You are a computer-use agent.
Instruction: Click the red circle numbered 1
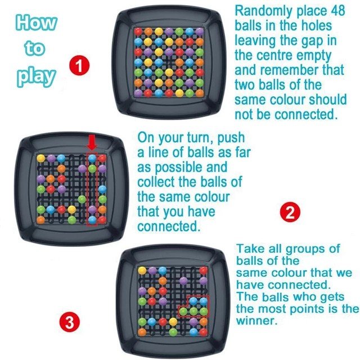click(79, 66)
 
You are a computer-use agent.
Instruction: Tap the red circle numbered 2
click(290, 212)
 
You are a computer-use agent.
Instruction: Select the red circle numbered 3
click(70, 322)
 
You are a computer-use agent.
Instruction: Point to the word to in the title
click(34, 48)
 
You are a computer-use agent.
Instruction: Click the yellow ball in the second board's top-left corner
click(41, 158)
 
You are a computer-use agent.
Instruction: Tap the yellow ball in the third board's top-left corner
click(142, 271)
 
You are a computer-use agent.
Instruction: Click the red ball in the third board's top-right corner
click(204, 271)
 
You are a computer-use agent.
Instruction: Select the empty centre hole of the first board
click(169, 62)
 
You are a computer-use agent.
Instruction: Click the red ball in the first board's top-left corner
click(138, 31)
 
